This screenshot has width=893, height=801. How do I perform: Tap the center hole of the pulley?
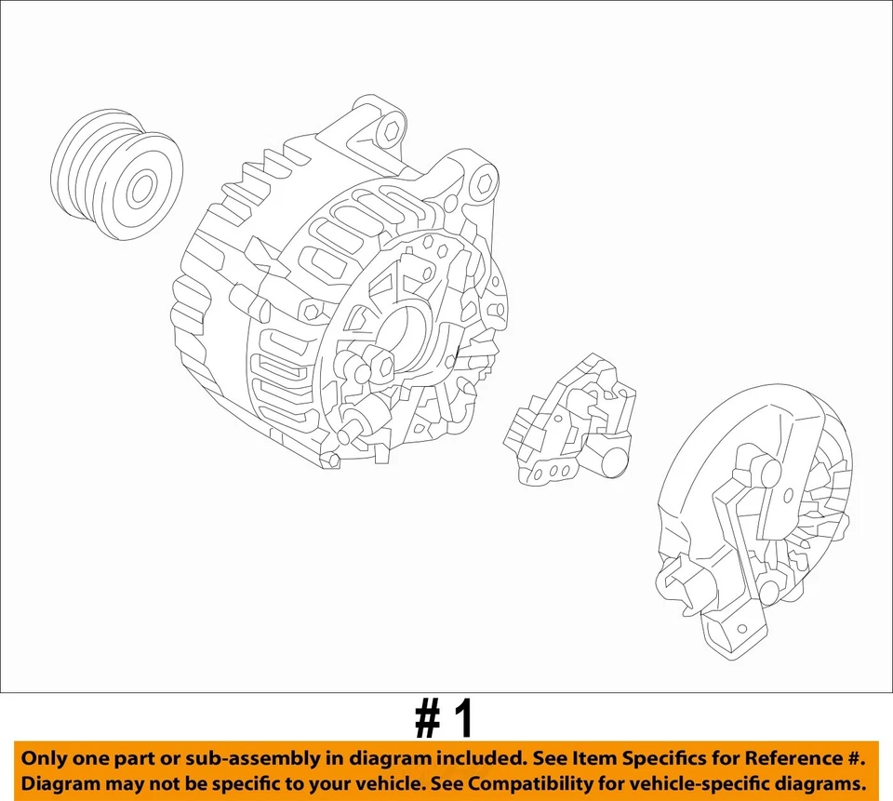coord(141,191)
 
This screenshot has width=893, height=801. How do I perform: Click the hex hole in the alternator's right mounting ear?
coord(483,185)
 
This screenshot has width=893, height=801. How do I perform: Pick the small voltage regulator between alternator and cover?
coord(568,420)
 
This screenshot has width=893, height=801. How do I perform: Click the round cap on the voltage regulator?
coord(614,461)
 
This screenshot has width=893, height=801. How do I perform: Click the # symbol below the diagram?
coord(427,720)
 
